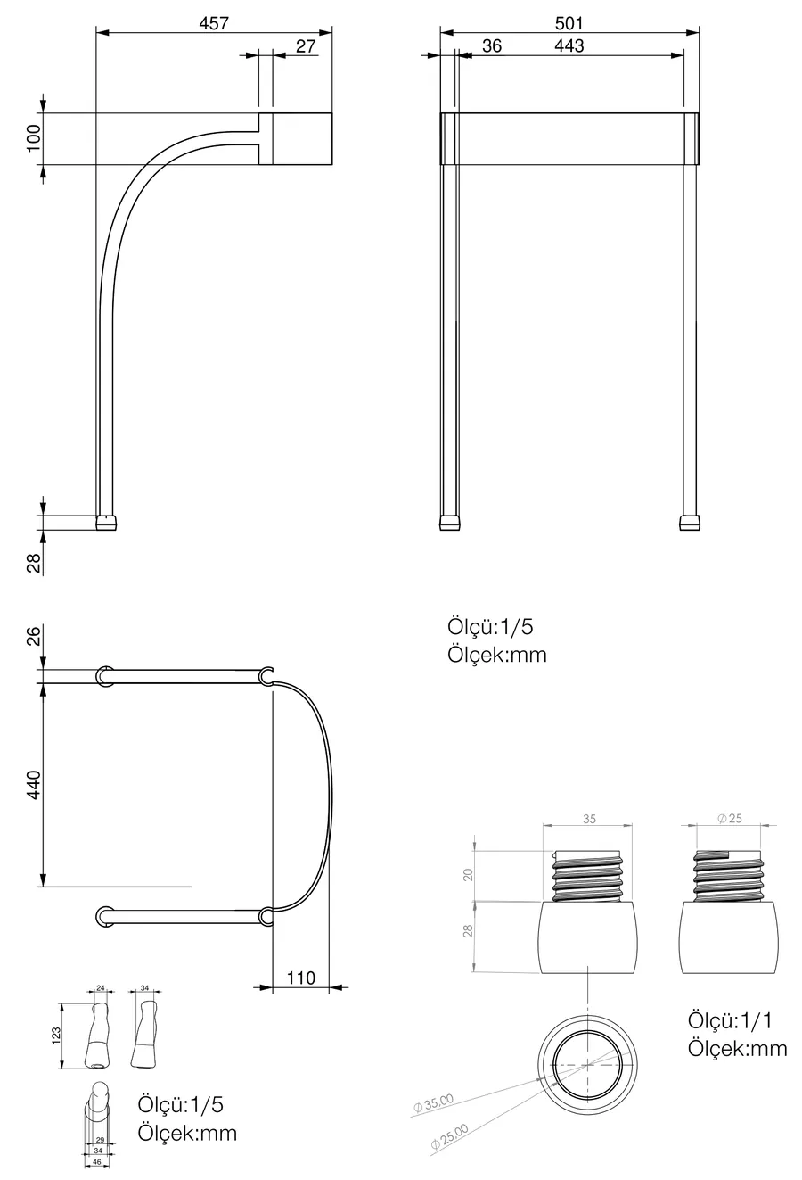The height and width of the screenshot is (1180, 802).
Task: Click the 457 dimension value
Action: pos(214,23)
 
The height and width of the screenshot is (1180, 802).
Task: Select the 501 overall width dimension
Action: pos(569,23)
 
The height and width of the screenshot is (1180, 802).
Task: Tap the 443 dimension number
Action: pos(569,45)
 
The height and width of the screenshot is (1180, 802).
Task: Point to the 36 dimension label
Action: pos(492,45)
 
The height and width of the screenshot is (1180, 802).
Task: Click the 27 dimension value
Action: pos(306,46)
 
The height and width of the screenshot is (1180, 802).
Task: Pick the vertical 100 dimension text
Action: pos(34,138)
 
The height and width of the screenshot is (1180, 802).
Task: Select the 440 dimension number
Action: pos(34,784)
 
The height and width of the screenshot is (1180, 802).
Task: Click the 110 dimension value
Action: pos(301,978)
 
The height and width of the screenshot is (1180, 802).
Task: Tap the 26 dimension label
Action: pos(34,636)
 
